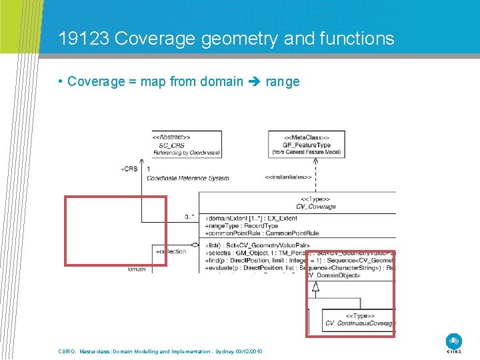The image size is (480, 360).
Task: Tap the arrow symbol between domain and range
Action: tap(255, 82)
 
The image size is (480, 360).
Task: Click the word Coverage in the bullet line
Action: tap(96, 82)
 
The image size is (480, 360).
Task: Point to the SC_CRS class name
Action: tap(172, 145)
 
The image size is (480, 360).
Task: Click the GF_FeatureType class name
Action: tap(306, 145)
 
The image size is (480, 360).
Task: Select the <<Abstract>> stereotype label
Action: tap(171, 137)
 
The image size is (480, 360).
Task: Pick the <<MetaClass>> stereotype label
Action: tap(307, 137)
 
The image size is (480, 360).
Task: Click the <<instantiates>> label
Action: tap(288, 177)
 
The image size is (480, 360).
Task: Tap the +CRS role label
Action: tap(129, 169)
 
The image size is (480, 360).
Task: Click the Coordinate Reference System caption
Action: tap(187, 178)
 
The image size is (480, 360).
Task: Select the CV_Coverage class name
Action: tap(317, 207)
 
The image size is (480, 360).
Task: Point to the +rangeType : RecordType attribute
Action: tap(241, 226)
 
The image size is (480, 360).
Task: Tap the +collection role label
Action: tap(171, 251)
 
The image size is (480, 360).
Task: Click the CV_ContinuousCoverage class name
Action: tap(360, 324)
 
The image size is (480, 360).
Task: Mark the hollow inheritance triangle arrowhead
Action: tap(316, 288)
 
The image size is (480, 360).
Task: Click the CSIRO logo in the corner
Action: tap(454, 341)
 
